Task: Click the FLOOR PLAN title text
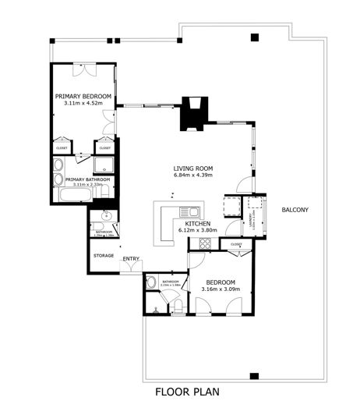pos(188,392)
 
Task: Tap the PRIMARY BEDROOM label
pos(83,97)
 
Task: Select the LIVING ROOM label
pos(193,168)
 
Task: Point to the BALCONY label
pos(295,210)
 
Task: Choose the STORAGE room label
pos(104,255)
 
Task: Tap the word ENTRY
pos(130,259)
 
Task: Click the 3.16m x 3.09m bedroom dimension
pos(221,289)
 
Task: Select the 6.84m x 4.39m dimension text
pos(193,176)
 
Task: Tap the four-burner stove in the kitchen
pos(205,243)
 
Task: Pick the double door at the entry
pos(131,270)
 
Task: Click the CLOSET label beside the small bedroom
pos(236,244)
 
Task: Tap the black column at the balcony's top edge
pos(255,37)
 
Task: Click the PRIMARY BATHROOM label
pos(88,179)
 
